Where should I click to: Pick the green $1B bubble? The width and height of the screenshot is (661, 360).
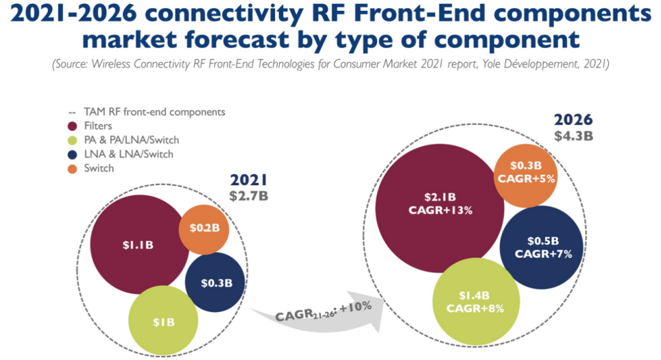pyautogui.click(x=163, y=321)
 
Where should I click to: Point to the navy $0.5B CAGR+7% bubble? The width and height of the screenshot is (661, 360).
pyautogui.click(x=542, y=247)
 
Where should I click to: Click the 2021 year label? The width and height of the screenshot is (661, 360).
pyautogui.click(x=248, y=181)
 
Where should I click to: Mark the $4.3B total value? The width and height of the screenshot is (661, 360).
pyautogui.click(x=573, y=135)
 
